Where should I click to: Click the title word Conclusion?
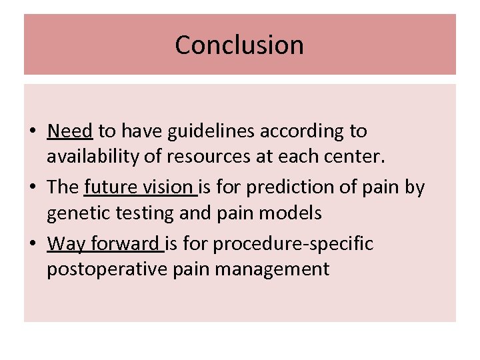[239, 45]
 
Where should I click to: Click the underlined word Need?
[70, 131]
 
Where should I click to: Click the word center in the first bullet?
[378, 157]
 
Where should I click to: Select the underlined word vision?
[170, 188]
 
